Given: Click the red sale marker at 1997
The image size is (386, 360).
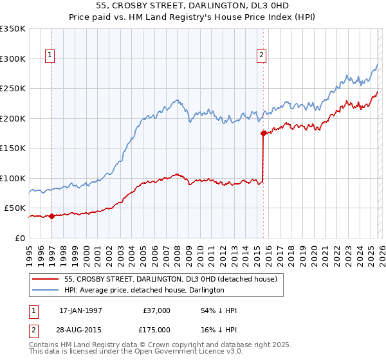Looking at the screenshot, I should click(52, 216).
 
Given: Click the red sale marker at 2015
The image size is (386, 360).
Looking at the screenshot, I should click(263, 134).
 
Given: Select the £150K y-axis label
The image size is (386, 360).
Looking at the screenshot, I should click(13, 148).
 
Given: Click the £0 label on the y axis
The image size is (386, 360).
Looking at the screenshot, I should click(20, 238).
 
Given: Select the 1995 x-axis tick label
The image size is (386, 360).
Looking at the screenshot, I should click(30, 251).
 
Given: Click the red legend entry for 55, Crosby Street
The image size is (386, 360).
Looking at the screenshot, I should click(170, 280).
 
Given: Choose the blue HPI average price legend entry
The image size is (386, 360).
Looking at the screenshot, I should click(144, 291).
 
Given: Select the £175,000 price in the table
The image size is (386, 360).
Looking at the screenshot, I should click(156, 329).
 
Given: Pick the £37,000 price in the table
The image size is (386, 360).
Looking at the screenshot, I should click(156, 310).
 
